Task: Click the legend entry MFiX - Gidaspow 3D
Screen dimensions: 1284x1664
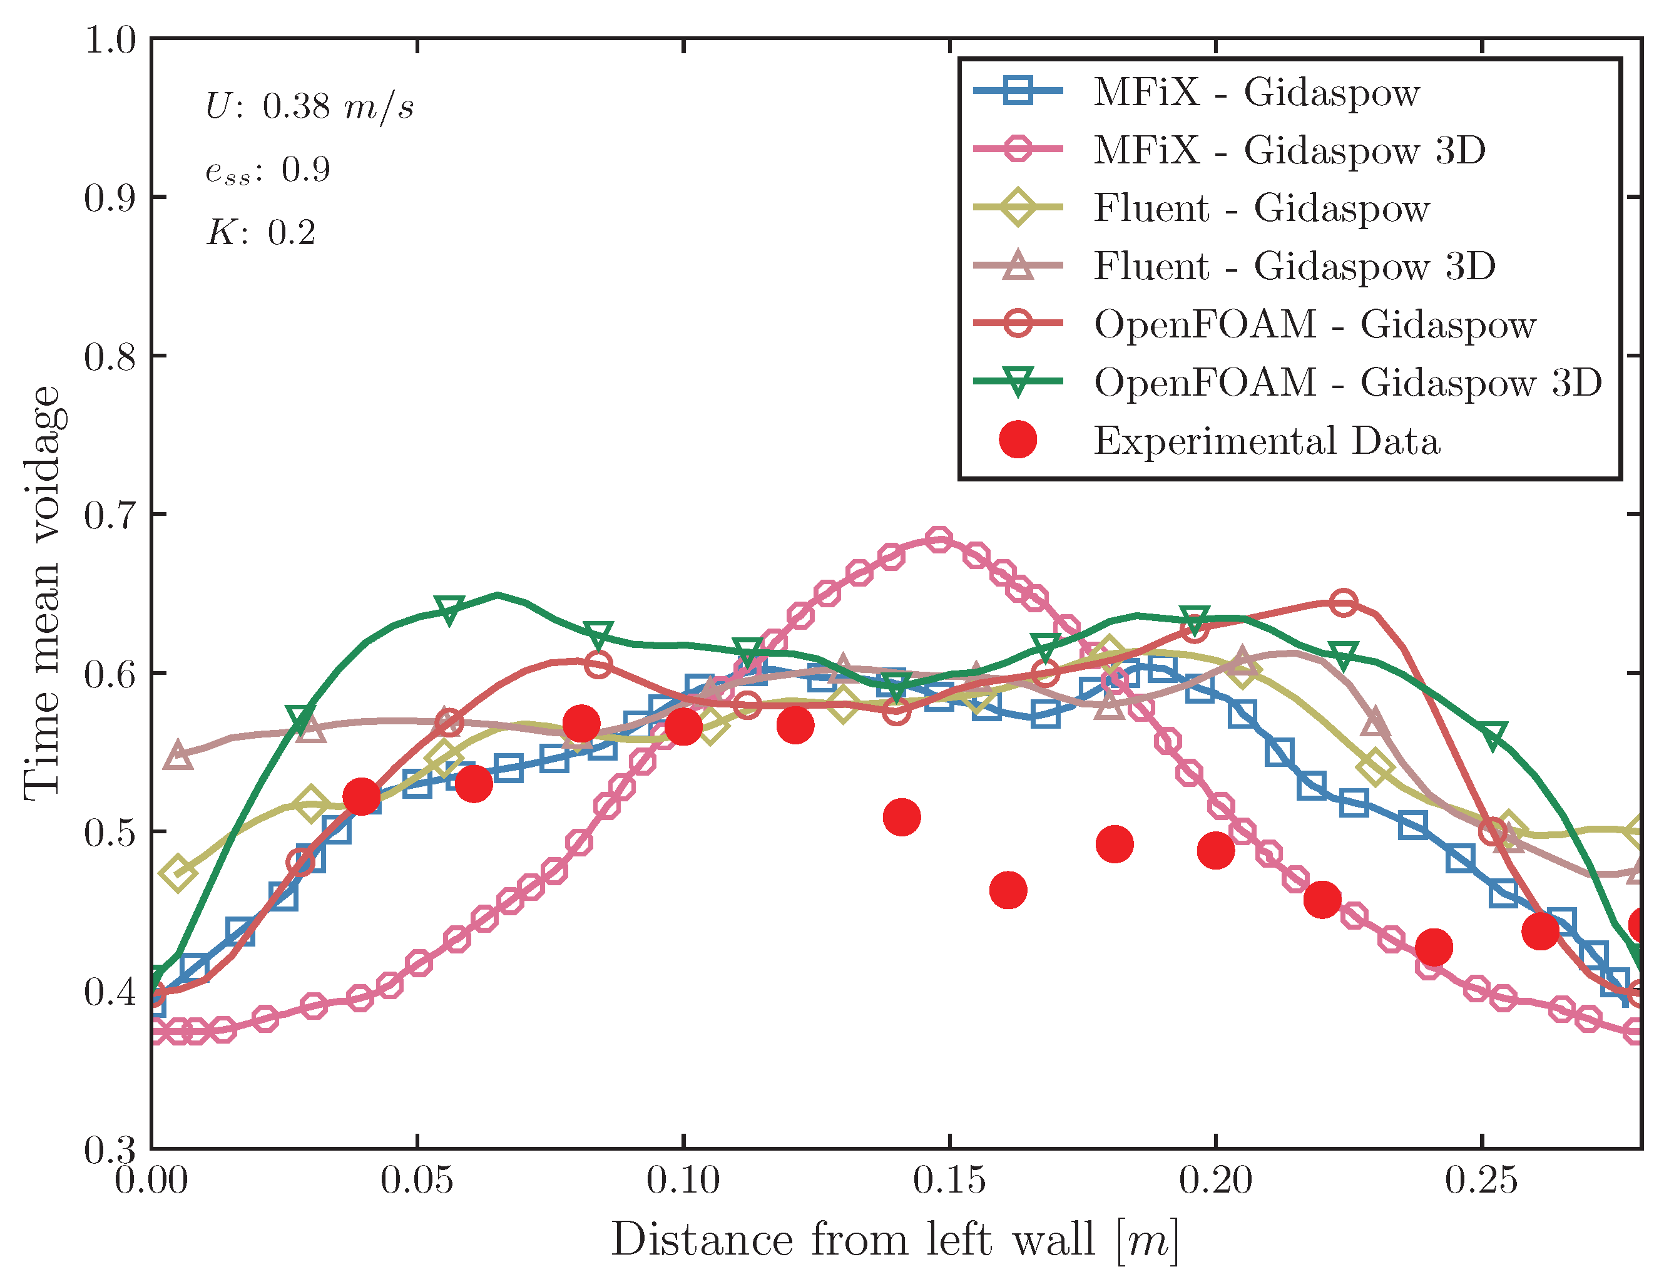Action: coord(1289,150)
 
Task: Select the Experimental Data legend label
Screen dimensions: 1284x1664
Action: coord(1266,441)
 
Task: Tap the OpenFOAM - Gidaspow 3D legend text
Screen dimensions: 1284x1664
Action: coord(1347,383)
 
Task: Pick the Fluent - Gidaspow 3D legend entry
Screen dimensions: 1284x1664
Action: coord(1294,266)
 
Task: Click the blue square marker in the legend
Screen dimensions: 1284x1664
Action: coord(1018,91)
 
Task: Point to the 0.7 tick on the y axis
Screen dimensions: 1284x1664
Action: coord(108,515)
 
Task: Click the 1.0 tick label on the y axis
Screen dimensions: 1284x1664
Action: coord(108,39)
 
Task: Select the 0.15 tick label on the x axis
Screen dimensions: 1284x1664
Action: coord(949,1180)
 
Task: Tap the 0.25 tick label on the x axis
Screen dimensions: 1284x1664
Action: coord(1481,1180)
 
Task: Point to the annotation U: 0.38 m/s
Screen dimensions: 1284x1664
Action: coord(309,106)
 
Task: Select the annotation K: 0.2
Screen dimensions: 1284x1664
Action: coord(260,232)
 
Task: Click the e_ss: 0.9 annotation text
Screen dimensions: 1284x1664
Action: coord(267,170)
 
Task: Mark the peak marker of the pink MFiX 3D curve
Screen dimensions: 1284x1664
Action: coord(939,540)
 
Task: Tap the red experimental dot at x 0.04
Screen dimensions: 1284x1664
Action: coord(361,796)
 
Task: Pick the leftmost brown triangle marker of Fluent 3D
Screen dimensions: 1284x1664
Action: coord(178,754)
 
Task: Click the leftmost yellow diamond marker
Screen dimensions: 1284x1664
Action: coord(178,873)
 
